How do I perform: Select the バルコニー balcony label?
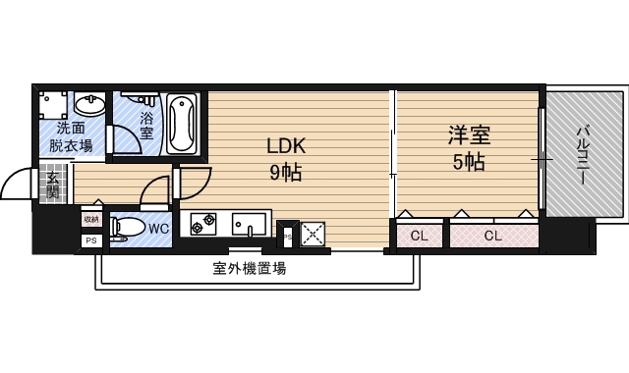pos(582,153)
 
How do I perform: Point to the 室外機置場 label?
pos(250,268)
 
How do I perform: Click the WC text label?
pos(159,229)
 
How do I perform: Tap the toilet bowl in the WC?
pos(125,229)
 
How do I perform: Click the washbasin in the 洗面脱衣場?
pos(89,103)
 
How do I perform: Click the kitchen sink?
pos(251,225)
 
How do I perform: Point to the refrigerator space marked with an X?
pos(313,234)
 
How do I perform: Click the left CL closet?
pos(420,235)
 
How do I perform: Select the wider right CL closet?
pos(493,235)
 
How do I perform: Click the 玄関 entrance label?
pos(53,185)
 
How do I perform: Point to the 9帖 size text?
pos(286,174)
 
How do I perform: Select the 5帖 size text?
pos(468,163)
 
